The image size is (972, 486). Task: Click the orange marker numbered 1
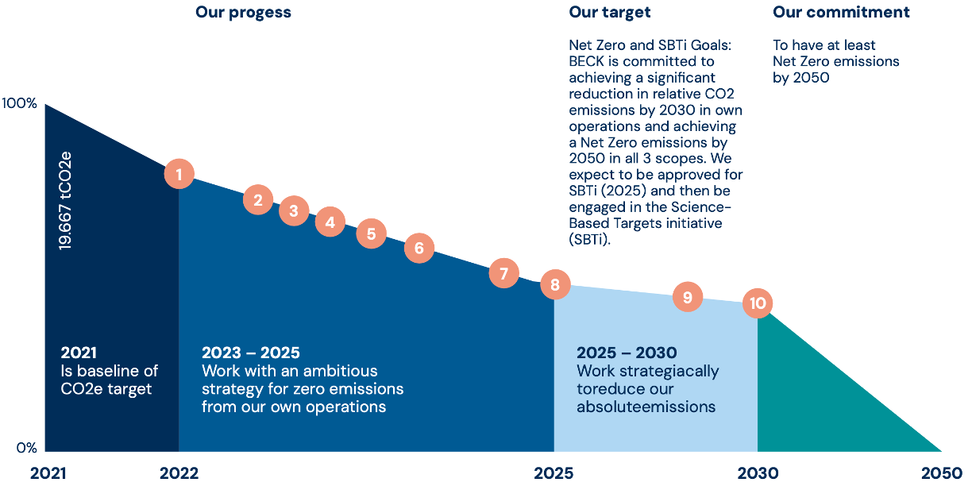point(179,174)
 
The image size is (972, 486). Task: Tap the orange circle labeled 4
point(330,222)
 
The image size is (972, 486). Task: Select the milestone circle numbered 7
point(503,273)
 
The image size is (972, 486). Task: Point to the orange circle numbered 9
point(688,297)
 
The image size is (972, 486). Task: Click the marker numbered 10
point(758,303)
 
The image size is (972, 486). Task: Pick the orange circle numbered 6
point(419,248)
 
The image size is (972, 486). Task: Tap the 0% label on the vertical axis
point(26,448)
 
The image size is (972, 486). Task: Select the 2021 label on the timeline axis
point(48,473)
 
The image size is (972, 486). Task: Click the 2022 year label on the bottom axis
point(179,473)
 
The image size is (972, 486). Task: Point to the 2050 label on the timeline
point(941,473)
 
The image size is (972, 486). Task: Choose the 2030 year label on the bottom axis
point(758,473)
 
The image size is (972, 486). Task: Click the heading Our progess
point(243,13)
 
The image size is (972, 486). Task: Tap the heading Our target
point(610,13)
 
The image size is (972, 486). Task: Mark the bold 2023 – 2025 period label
point(251,353)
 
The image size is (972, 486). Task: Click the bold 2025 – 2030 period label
point(627,353)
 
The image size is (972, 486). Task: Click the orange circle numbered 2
point(258,200)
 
